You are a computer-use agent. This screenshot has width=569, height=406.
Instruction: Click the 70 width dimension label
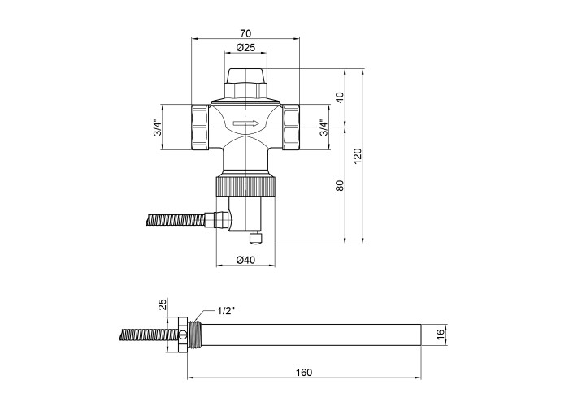[245, 34]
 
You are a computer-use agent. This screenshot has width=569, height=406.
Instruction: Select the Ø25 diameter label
[245, 47]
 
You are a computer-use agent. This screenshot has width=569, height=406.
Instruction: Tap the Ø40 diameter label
[245, 260]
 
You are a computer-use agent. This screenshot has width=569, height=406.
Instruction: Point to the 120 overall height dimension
[358, 156]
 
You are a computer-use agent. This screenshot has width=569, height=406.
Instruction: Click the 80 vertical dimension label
[340, 186]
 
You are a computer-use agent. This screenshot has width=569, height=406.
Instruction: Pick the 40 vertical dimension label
[340, 97]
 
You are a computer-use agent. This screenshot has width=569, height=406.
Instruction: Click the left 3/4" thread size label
[158, 127]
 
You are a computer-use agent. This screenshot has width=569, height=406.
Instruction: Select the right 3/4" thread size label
[324, 127]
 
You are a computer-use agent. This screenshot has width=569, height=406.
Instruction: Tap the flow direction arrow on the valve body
[246, 123]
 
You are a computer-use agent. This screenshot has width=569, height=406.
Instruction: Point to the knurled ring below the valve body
[246, 186]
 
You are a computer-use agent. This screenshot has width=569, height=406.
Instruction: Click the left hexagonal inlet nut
[200, 127]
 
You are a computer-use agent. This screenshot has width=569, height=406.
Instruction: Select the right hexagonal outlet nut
[291, 127]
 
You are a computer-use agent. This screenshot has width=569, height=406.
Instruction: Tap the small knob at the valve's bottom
[255, 239]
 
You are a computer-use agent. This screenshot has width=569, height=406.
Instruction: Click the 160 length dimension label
[304, 372]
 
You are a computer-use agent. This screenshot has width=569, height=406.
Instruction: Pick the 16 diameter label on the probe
[441, 335]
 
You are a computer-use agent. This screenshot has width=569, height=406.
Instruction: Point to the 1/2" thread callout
[226, 311]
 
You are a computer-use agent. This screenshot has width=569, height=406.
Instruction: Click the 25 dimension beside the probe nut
[163, 304]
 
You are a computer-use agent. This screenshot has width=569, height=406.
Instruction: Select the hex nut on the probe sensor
[183, 335]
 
